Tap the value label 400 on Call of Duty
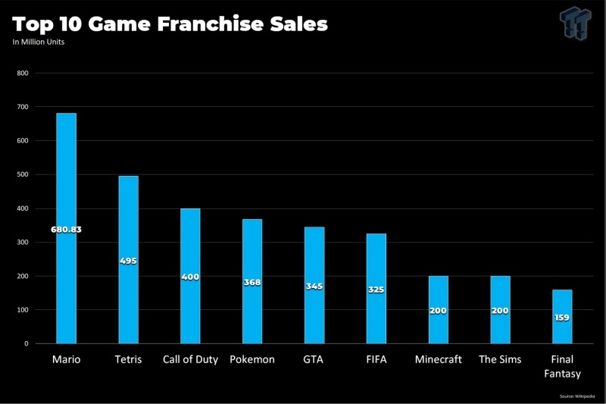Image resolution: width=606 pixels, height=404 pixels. click(x=190, y=277)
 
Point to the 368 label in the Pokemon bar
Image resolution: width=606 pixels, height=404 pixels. click(x=252, y=282)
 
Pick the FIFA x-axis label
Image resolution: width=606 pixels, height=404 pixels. click(x=376, y=359)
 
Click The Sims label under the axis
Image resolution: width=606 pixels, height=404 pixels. click(x=500, y=359)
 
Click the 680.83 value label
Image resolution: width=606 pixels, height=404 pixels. click(x=66, y=229)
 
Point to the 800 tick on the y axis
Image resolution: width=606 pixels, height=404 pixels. click(x=22, y=74)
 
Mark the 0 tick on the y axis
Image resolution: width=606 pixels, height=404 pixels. click(x=26, y=343)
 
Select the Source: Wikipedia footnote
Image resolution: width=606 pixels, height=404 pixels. click(x=578, y=396)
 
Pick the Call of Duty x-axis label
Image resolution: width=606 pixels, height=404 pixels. click(x=190, y=359)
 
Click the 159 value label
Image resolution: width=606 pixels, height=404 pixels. click(x=562, y=317)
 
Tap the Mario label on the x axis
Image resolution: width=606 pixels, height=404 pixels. click(x=66, y=359)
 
